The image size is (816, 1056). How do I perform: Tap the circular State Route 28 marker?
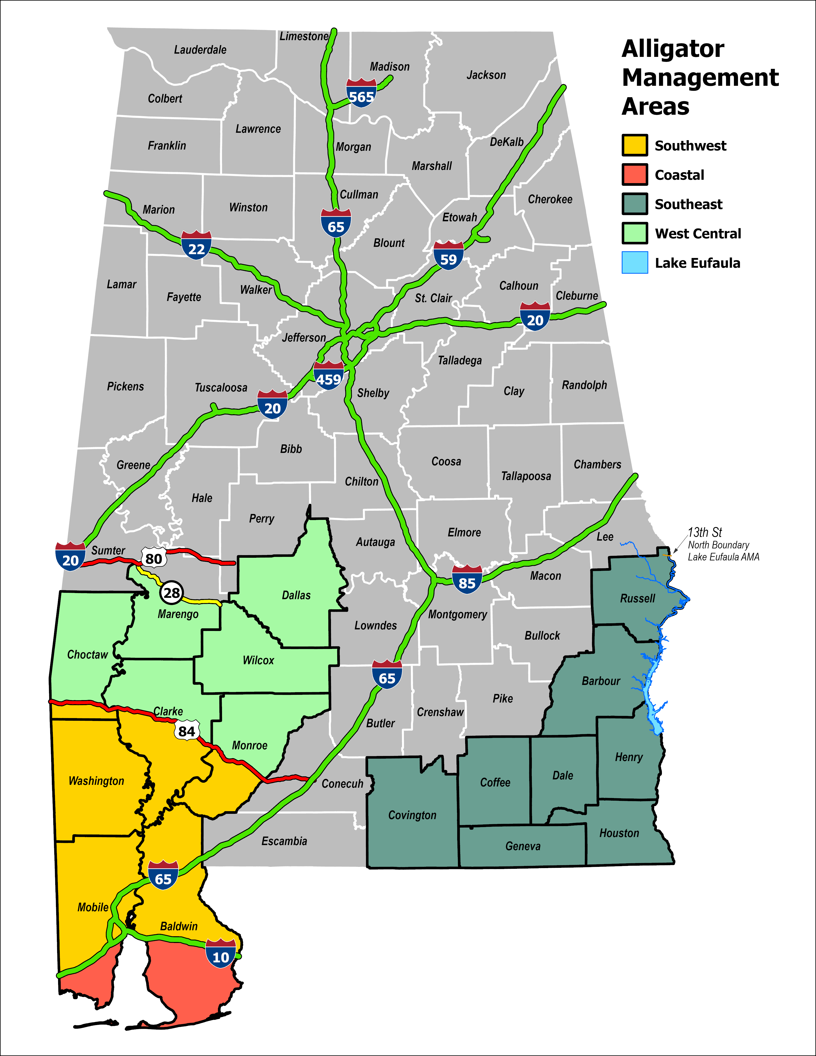(x=172, y=593)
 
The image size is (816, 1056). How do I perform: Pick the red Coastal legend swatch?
(x=634, y=174)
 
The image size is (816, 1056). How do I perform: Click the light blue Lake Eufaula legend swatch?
(x=634, y=263)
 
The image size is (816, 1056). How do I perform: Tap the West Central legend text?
(x=698, y=234)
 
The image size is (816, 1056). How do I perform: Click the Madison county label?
(x=390, y=67)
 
